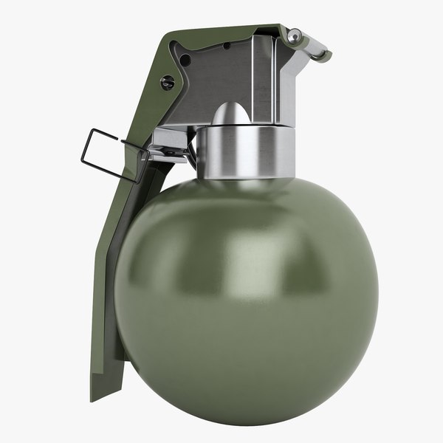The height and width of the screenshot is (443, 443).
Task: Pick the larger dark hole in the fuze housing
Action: click(186, 60)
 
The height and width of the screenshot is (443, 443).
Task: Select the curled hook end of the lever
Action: click(319, 53)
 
